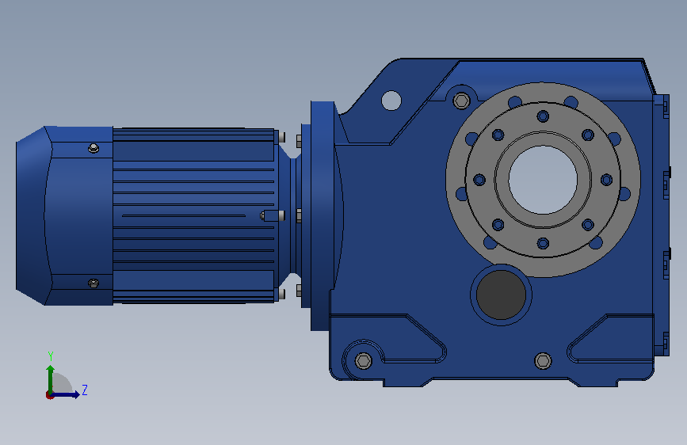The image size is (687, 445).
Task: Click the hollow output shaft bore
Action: click(x=543, y=180)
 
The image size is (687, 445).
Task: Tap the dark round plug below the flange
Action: click(x=501, y=295)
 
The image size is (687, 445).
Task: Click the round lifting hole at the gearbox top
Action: click(x=391, y=101)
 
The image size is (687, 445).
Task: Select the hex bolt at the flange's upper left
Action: click(x=461, y=101)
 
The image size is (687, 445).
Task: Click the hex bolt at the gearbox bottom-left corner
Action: click(x=363, y=361)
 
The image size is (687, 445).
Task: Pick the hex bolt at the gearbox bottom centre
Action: click(x=543, y=361)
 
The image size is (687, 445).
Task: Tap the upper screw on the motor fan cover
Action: click(x=94, y=148)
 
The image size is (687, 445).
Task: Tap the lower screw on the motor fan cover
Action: click(x=94, y=283)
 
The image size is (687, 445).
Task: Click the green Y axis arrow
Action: click(x=51, y=380)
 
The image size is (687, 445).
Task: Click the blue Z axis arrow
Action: click(x=65, y=394)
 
